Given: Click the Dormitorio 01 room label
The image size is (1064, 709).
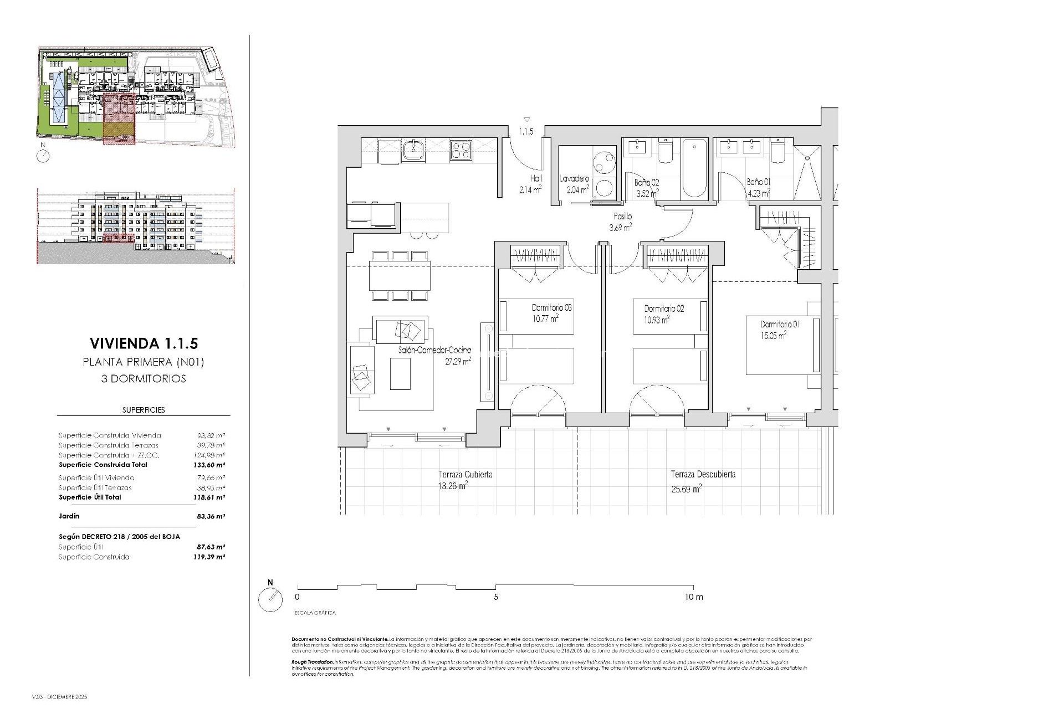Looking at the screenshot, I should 779,325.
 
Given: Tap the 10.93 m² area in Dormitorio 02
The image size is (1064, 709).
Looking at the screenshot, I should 657,320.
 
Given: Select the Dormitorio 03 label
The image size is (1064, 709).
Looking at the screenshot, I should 551,307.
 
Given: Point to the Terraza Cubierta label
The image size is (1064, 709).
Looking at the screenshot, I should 465,475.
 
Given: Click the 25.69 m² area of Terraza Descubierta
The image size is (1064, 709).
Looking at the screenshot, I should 686,489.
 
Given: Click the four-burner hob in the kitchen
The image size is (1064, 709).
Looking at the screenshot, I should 461,149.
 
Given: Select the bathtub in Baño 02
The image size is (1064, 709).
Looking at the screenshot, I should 694,168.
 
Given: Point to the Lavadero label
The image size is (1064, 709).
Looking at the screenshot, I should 574,179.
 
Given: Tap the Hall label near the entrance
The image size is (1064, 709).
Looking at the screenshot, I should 536,178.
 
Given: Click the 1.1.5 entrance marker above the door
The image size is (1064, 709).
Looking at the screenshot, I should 526,131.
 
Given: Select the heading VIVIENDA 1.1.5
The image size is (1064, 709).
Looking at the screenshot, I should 144,343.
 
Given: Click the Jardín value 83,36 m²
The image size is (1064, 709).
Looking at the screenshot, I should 211,516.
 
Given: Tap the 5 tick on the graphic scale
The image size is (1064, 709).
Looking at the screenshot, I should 496,597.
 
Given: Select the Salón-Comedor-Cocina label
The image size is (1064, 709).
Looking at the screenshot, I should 434,350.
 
